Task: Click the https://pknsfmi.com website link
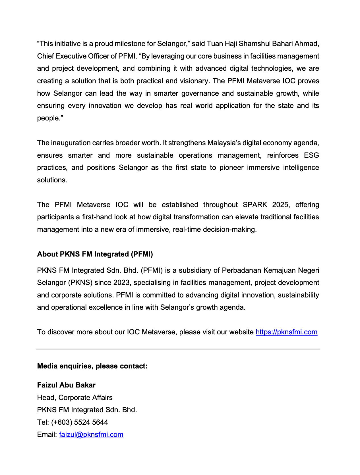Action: [x=286, y=332]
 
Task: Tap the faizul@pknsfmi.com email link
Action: [x=91, y=435]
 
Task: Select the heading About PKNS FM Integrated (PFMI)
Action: [x=95, y=254]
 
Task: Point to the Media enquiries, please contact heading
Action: [x=92, y=366]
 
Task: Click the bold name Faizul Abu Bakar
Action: [x=66, y=385]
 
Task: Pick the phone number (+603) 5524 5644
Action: [x=80, y=422]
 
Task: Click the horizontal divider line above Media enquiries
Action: [x=178, y=349]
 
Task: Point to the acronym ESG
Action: [x=311, y=155]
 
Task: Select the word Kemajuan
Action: [x=279, y=270]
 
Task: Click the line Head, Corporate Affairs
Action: [x=75, y=398]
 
